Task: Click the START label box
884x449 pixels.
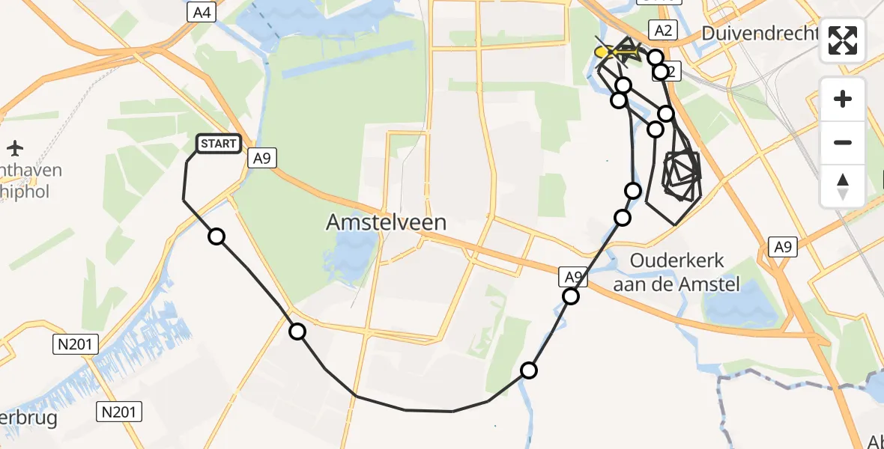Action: pos(219,143)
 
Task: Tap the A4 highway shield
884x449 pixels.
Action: pos(200,12)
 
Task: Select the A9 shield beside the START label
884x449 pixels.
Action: pos(261,158)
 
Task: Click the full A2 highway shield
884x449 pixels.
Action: pos(662,30)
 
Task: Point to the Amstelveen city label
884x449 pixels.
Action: pos(387,222)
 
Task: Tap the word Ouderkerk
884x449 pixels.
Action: pos(677,261)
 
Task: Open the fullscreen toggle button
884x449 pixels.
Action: pos(843,40)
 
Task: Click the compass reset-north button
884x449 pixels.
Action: pos(843,186)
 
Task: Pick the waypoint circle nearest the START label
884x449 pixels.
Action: pos(217,236)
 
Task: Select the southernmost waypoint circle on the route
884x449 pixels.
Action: pos(529,370)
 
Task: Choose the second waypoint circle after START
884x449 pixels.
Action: pos(297,332)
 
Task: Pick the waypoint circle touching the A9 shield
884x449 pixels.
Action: pos(571,296)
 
